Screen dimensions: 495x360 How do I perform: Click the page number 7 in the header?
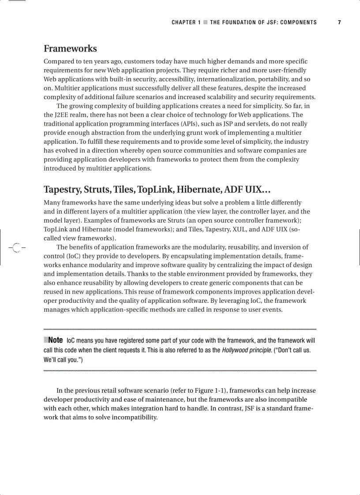click(x=339, y=22)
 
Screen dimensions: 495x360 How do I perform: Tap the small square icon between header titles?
click(x=206, y=22)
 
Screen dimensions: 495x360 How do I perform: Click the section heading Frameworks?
click(x=70, y=48)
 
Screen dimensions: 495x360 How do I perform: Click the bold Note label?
click(x=55, y=340)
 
